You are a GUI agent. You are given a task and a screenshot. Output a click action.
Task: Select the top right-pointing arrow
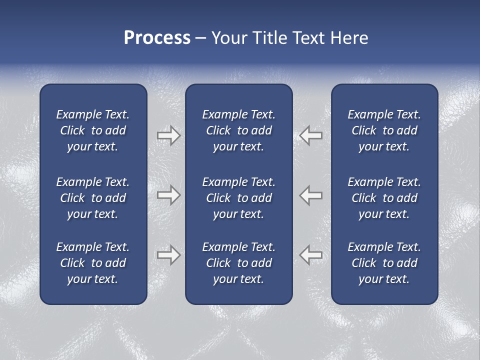168,135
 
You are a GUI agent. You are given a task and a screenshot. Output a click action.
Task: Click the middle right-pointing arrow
168,195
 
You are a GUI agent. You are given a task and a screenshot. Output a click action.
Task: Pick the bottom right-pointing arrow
168,255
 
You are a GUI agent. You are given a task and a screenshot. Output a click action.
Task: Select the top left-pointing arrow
311,135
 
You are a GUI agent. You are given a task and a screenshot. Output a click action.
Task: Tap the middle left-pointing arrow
311,195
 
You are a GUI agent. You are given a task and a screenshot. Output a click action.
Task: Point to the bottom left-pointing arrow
311,255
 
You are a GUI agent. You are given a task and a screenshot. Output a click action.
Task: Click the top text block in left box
93,130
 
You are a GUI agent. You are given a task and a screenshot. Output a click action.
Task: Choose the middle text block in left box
93,198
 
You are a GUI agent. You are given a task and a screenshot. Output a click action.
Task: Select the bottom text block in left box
93,263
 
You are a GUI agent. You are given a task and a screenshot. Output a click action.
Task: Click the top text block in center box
238,130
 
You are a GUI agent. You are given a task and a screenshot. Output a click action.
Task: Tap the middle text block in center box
238,198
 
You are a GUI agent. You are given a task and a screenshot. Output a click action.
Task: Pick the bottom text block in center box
238,263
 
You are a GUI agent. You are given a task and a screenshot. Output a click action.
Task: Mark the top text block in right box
384,130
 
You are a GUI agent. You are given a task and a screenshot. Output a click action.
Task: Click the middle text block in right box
384,198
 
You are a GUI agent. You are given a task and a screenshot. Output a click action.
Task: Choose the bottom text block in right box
384,263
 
